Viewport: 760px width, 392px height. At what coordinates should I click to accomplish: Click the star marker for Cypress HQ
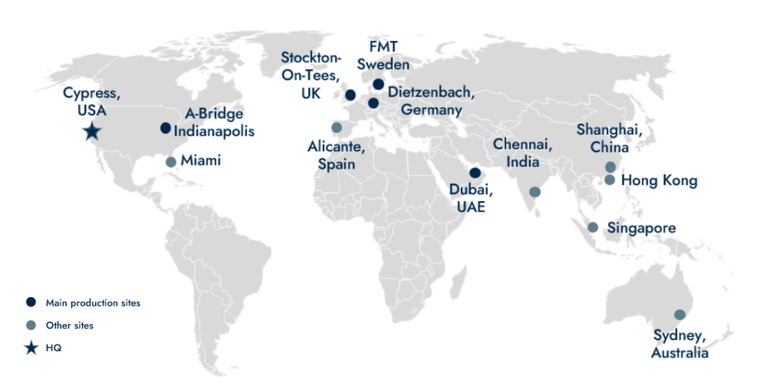click(x=91, y=132)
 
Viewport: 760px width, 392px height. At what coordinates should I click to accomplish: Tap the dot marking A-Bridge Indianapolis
click(x=166, y=128)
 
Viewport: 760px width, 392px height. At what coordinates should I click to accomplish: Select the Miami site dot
click(x=171, y=162)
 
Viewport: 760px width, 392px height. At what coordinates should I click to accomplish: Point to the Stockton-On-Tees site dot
click(x=350, y=95)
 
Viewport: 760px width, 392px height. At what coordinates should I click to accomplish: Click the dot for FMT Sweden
click(x=379, y=84)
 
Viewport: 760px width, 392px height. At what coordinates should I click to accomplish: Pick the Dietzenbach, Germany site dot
click(x=373, y=103)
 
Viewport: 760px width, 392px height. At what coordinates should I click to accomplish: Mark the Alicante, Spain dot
click(x=336, y=127)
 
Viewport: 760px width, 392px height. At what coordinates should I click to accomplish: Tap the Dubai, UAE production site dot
click(x=475, y=173)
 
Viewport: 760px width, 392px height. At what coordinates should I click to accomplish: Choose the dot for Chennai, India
click(x=535, y=192)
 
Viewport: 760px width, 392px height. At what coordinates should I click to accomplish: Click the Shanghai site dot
click(x=610, y=167)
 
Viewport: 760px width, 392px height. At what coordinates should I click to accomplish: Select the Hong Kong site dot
click(x=609, y=180)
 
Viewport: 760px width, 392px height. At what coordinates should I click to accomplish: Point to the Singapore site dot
click(x=592, y=227)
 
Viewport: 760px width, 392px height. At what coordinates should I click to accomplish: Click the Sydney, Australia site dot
click(x=679, y=315)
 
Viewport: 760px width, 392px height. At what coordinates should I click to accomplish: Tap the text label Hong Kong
click(x=659, y=180)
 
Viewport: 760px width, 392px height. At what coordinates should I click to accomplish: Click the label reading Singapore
click(x=641, y=227)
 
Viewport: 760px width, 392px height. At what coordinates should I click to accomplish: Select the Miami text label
click(x=200, y=160)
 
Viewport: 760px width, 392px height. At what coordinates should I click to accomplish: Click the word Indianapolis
click(x=214, y=131)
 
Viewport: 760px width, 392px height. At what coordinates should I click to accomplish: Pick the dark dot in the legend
click(x=30, y=302)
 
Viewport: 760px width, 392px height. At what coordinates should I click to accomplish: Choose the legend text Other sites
click(x=70, y=325)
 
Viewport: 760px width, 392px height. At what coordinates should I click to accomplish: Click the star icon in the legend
click(x=30, y=348)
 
